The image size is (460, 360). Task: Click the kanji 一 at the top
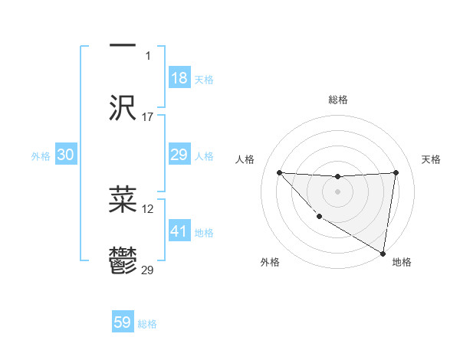(123, 44)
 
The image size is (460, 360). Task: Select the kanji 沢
(123, 108)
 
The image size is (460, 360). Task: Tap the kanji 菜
(123, 200)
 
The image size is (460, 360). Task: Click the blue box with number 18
(179, 78)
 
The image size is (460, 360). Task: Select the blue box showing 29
(179, 155)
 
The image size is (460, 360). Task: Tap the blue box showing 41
(179, 231)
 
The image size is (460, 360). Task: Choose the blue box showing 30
(66, 155)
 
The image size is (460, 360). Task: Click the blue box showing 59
(123, 322)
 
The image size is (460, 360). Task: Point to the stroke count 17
(148, 117)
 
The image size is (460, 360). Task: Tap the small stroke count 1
(149, 55)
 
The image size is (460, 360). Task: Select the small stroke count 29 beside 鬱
(148, 270)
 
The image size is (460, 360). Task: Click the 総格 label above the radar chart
(338, 100)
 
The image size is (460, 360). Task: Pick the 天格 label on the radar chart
(432, 159)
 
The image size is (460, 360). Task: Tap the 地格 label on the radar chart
(402, 262)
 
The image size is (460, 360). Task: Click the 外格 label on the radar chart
(270, 262)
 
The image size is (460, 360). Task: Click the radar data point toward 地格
(383, 254)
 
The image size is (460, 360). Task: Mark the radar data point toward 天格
(396, 172)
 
